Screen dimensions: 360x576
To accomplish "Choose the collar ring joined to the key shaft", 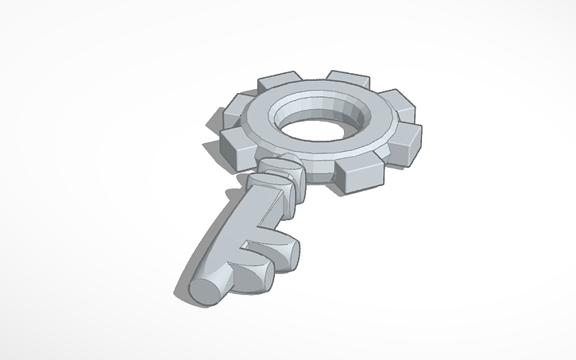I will pos(269,186).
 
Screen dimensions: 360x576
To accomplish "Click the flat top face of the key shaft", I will pos(230,230).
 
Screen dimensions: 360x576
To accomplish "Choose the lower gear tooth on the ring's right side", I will pos(407,141).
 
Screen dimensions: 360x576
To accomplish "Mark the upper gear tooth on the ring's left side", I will pos(236,106).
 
